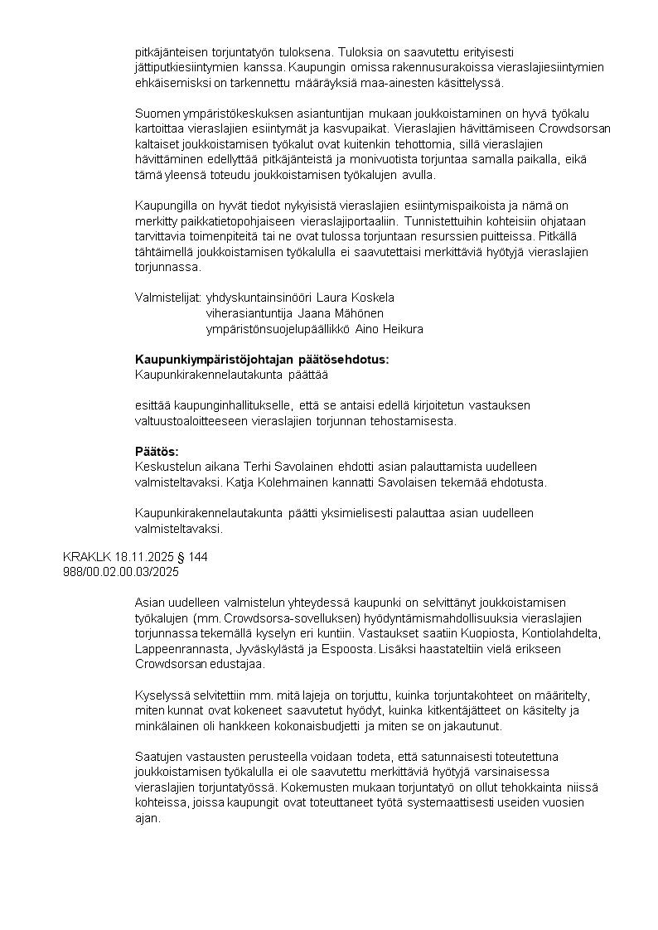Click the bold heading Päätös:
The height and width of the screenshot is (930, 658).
coord(157,451)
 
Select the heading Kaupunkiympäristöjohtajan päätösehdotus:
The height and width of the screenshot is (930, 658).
coord(261,360)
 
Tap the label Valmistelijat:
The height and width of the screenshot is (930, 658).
coord(167,298)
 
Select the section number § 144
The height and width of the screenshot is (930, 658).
coord(193,557)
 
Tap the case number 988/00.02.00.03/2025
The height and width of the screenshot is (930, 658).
coord(121,572)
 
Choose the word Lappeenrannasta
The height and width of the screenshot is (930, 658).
coord(177,648)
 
